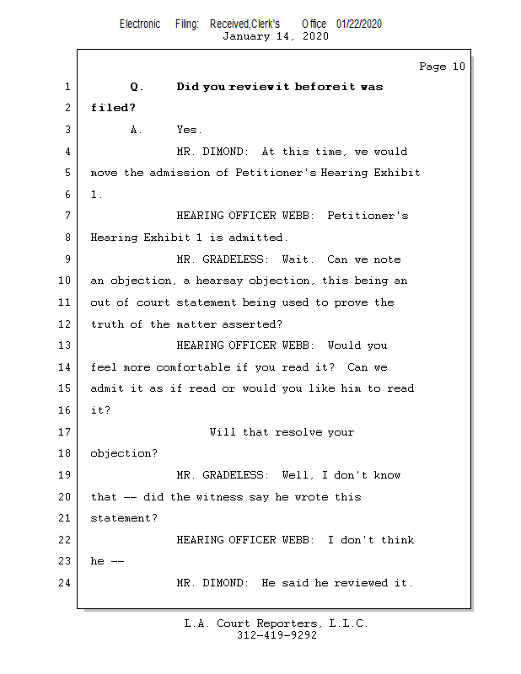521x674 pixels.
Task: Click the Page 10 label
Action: [442, 67]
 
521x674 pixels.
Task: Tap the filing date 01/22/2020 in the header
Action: [358, 24]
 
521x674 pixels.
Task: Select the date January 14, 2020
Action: [276, 36]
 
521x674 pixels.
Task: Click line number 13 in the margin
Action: [66, 345]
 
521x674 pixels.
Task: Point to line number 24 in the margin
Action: [66, 583]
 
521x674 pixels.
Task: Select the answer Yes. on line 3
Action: [189, 130]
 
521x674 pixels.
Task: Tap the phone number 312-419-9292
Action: [277, 635]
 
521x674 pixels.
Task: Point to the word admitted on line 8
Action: [258, 238]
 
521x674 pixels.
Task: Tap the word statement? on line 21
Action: [123, 518]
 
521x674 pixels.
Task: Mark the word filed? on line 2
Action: [113, 108]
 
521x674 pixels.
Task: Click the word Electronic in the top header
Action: [140, 24]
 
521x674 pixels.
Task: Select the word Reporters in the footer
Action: [288, 623]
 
